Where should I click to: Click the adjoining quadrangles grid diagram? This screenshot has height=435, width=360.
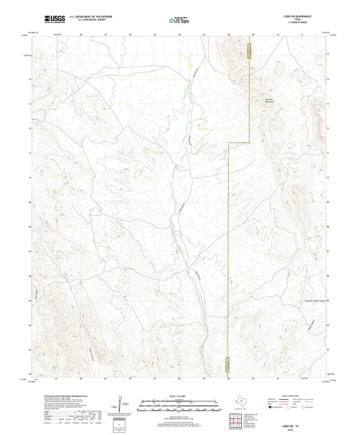pos(238,420)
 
